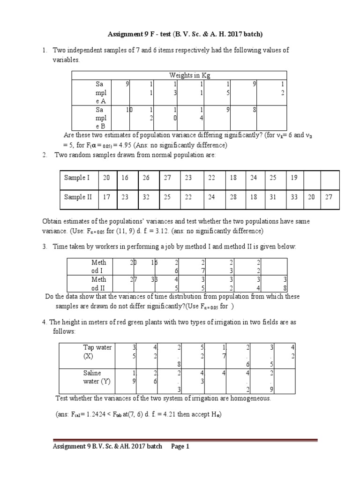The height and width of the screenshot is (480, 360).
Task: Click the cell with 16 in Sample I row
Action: pos(124,178)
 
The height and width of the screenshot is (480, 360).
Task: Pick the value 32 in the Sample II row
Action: pos(146,197)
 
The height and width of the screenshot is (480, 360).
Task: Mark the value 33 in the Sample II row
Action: pos(294,197)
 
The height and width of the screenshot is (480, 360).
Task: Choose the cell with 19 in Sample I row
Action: pos(294,178)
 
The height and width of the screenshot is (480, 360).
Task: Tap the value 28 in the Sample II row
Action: pos(233,197)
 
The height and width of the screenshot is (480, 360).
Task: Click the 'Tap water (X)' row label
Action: pos(97,352)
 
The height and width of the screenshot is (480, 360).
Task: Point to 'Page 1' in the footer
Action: pos(180,447)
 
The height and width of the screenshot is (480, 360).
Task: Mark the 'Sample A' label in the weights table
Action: pos(100,92)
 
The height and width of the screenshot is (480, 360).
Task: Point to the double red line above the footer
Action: pos(184,440)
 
